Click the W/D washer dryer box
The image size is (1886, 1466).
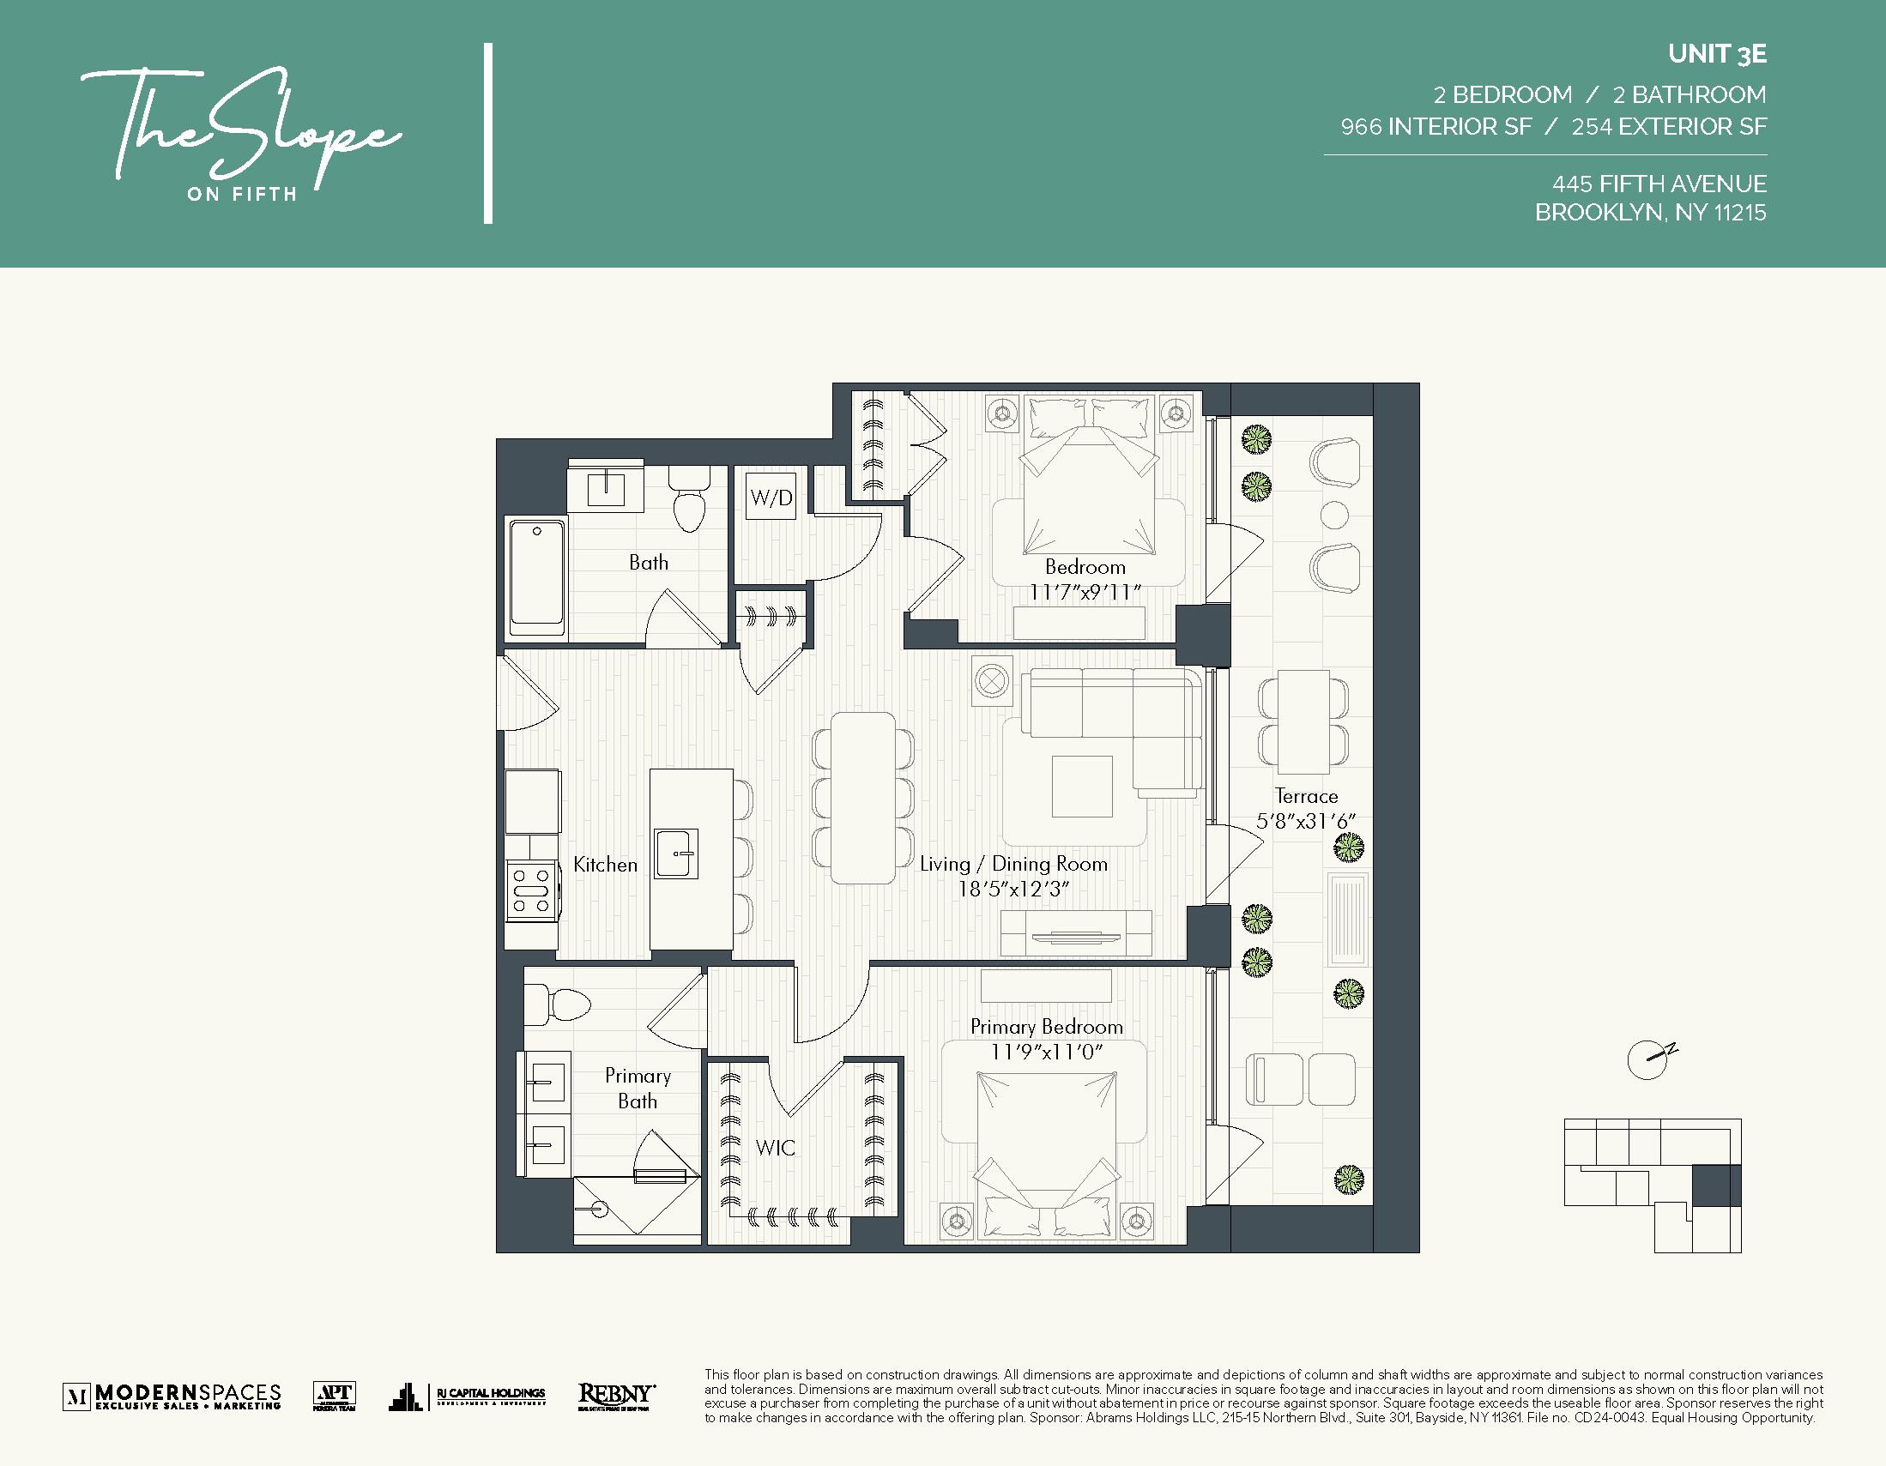tap(771, 498)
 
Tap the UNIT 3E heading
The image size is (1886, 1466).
tap(1717, 54)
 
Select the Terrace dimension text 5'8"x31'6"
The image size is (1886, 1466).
tap(1306, 821)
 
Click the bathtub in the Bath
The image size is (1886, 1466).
tap(536, 577)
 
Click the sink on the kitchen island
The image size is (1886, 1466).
tap(675, 854)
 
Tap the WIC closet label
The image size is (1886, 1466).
tap(775, 1148)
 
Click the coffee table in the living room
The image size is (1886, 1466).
tap(1082, 786)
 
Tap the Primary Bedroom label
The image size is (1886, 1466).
tap(1046, 1027)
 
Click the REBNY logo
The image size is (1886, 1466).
tap(616, 1396)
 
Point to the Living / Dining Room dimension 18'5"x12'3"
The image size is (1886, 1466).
tap(1013, 890)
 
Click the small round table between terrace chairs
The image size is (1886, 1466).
tap(1334, 516)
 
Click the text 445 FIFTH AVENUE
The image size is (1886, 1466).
tap(1658, 184)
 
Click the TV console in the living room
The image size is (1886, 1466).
tap(1076, 935)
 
